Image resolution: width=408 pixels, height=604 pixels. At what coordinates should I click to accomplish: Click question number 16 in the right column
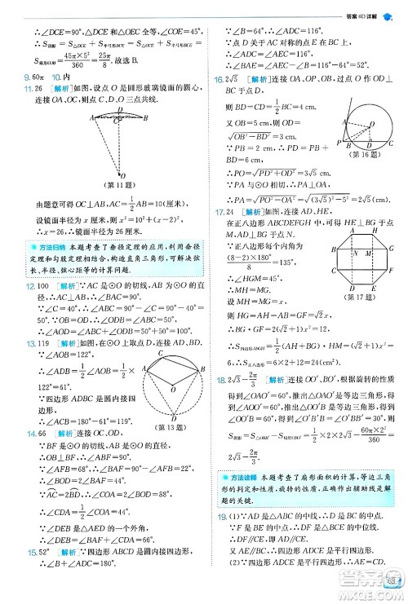217,78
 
